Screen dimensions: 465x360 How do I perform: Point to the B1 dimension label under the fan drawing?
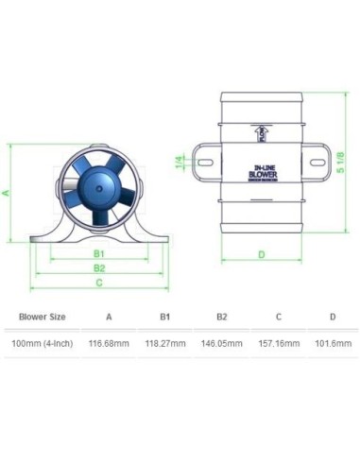(98, 254)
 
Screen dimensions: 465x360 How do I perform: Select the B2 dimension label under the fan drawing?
(98, 268)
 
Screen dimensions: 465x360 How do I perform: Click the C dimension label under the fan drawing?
(98, 283)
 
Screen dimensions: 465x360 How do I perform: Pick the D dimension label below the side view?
(261, 253)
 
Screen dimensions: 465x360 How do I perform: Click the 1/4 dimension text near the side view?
(180, 163)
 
